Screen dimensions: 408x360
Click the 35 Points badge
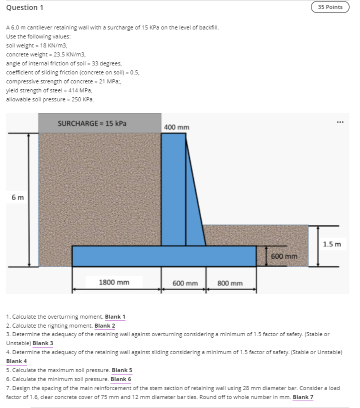[330, 7]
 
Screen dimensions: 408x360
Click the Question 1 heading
[22, 7]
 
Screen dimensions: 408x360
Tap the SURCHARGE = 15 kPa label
[92, 123]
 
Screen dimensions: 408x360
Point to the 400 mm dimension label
[176, 127]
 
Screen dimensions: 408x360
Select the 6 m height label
[17, 197]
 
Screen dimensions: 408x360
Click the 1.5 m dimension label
[331, 244]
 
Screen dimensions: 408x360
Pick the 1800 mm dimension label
[114, 283]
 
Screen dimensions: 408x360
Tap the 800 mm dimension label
[230, 283]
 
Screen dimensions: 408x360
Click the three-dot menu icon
[340, 121]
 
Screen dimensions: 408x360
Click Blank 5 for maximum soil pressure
[122, 370]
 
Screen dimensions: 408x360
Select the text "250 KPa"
[81, 99]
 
